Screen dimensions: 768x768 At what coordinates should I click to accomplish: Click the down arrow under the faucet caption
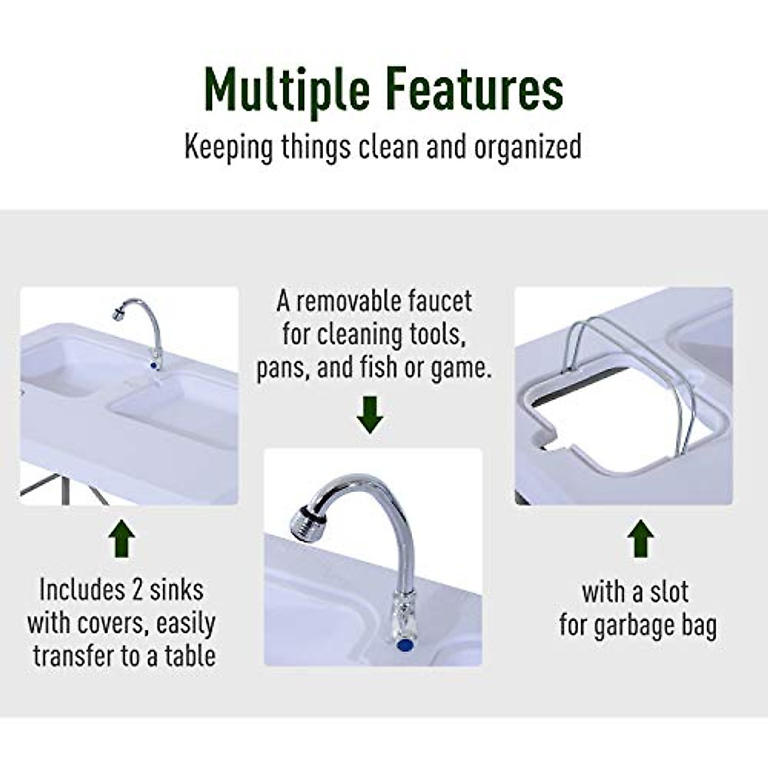click(x=370, y=415)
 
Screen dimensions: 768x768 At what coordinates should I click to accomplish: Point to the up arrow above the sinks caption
click(x=122, y=541)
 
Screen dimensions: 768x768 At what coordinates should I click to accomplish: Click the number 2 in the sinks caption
click(x=136, y=590)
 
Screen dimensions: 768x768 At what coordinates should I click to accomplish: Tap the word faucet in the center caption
click(x=442, y=301)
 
